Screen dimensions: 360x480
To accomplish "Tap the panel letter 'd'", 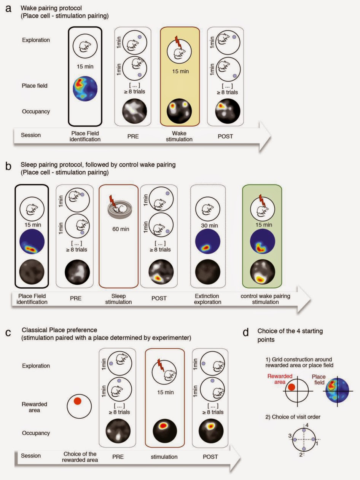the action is (246, 332).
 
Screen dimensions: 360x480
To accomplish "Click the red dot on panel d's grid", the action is (292, 388).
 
